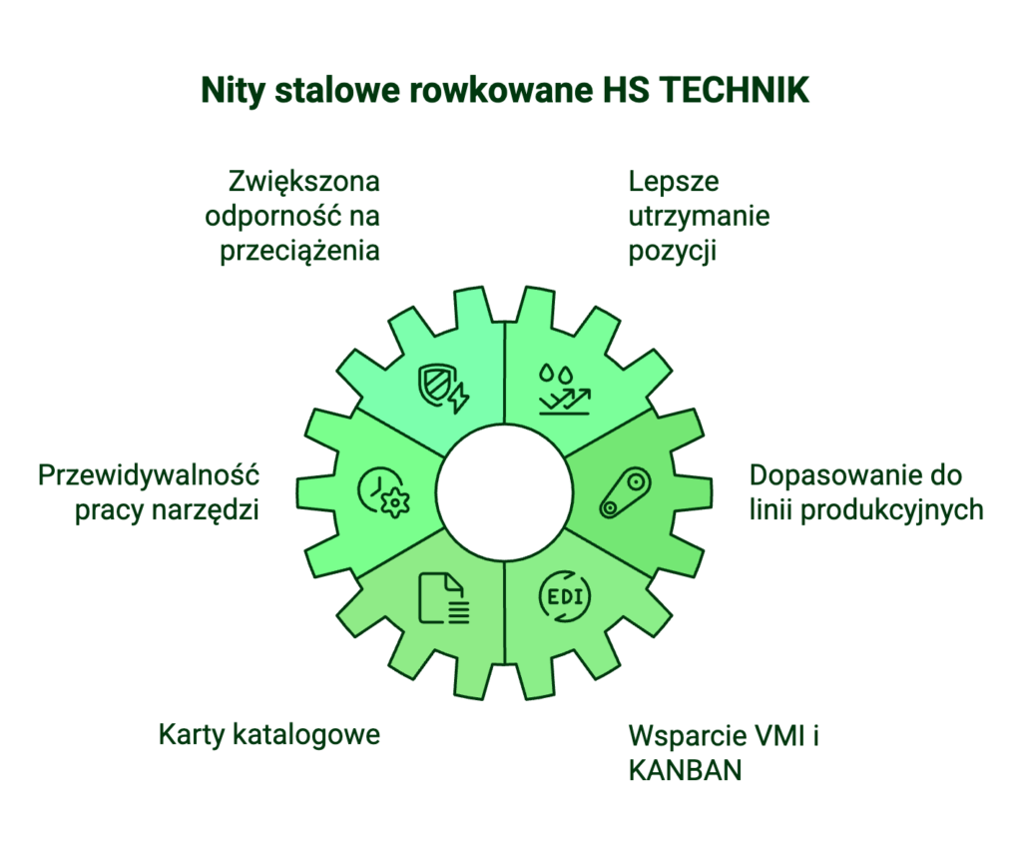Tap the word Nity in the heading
coord(232,91)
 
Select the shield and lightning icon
coord(443,388)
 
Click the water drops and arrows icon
coord(565,390)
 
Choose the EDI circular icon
coord(565,596)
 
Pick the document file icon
coord(443,598)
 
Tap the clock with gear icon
coord(384,492)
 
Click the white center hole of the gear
coord(504,492)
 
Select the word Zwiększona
coord(303,182)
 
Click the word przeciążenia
coord(299,251)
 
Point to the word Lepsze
coord(674,183)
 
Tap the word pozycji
coord(672,251)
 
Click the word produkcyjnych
coord(891,510)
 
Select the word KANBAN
coord(685,770)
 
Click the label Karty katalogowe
coord(269,735)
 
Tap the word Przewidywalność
coord(149,475)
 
